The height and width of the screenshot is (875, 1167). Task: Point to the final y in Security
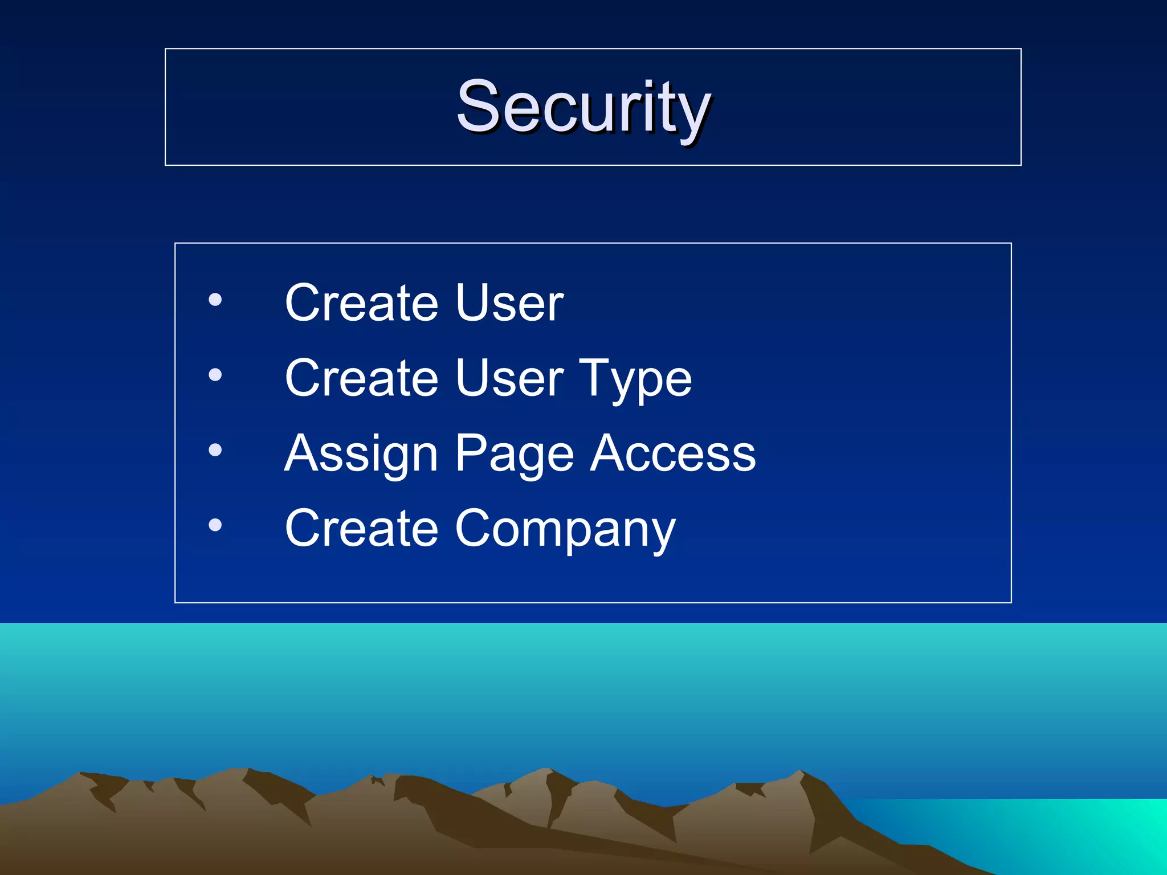[x=691, y=114]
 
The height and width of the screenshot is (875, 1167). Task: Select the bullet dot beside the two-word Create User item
[x=215, y=300]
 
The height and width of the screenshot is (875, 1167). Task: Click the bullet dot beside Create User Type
[x=215, y=375]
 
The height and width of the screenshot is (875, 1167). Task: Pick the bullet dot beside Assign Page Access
[x=215, y=450]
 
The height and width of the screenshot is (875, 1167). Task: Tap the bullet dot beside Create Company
[x=215, y=525]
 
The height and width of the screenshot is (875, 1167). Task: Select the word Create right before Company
[x=361, y=529]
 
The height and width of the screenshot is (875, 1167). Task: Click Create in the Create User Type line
[x=361, y=378]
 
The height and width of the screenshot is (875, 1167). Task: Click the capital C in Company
[x=476, y=528]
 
